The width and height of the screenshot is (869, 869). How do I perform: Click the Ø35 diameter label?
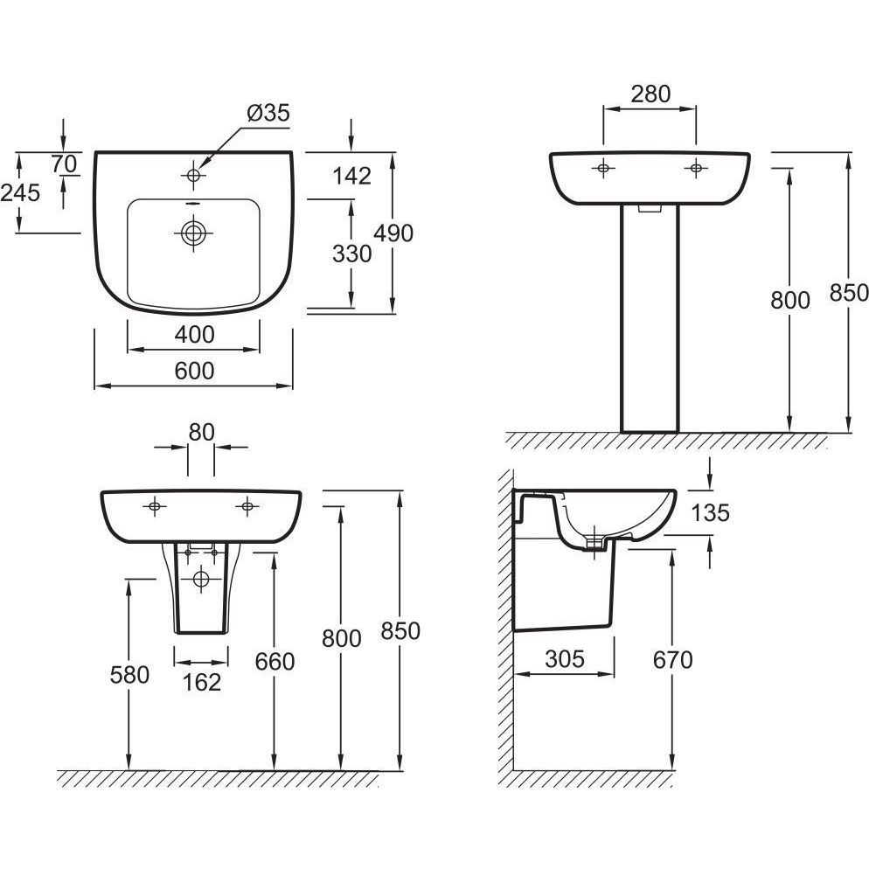pos(268,113)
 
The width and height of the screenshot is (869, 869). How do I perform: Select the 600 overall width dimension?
pos(194,372)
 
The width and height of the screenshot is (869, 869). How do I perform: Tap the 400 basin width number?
pos(194,335)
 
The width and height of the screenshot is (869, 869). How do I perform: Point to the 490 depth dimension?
pos(393,233)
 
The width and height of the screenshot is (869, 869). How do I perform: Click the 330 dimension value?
pos(353,254)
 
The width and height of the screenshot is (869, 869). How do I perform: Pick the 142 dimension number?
pos(352,176)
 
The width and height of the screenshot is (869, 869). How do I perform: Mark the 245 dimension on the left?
pos(20,193)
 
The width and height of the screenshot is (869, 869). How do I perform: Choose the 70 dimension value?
pos(65,163)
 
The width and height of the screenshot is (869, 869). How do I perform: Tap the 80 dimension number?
pos(202,431)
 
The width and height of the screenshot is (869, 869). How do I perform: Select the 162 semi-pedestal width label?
pos(202,682)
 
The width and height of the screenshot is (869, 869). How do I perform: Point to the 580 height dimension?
pos(129,675)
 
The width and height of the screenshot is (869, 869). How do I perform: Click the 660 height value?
pos(275,662)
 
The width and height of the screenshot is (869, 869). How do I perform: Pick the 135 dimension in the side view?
pos(709,513)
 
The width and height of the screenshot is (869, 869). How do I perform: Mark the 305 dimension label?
pos(564,659)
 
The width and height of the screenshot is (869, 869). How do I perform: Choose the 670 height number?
pos(672,660)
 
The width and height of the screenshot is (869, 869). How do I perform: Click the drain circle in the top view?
pos(193,233)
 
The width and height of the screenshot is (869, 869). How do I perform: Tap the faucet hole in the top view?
pos(193,176)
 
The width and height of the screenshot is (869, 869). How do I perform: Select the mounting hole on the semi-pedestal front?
pos(202,578)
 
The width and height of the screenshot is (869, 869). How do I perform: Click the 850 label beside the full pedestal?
pos(850,293)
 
